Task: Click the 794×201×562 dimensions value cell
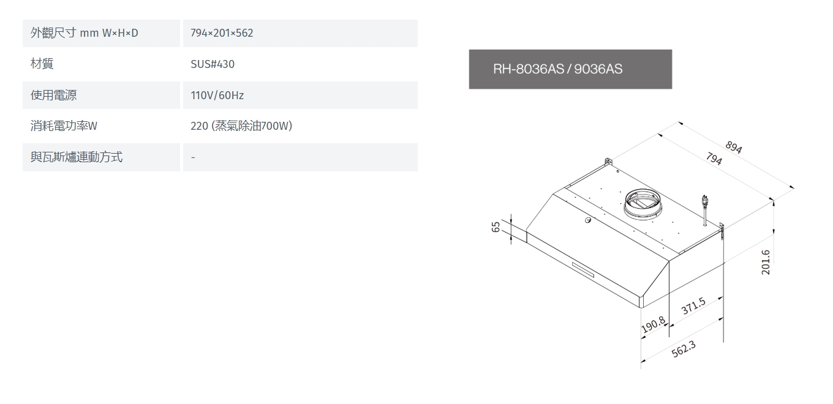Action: [222, 33]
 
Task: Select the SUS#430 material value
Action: [213, 64]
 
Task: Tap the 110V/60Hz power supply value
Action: [217, 95]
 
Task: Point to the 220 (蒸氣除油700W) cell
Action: [241, 126]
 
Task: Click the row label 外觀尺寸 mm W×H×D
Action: [85, 33]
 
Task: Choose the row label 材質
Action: [42, 64]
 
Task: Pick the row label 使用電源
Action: [53, 95]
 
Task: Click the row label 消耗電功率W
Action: [64, 126]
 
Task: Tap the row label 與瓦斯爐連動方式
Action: [76, 157]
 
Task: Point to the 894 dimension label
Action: [734, 147]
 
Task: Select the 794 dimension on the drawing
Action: [714, 159]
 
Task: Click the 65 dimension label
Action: [496, 226]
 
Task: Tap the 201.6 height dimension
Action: [766, 263]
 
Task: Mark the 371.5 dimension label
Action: [693, 305]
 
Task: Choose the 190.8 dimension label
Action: [654, 325]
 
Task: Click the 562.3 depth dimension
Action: [684, 349]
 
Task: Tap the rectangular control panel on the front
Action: [584, 269]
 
